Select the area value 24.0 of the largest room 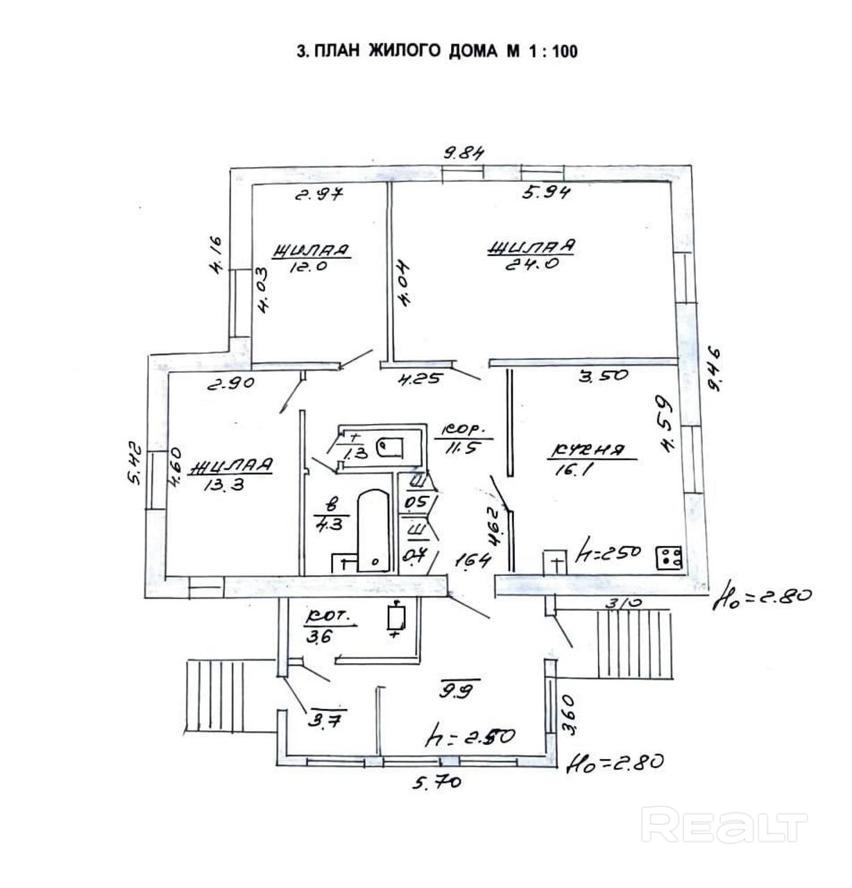click(530, 264)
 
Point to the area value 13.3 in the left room click(226, 485)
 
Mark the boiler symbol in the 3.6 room click(396, 617)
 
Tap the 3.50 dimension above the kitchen click(603, 375)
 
